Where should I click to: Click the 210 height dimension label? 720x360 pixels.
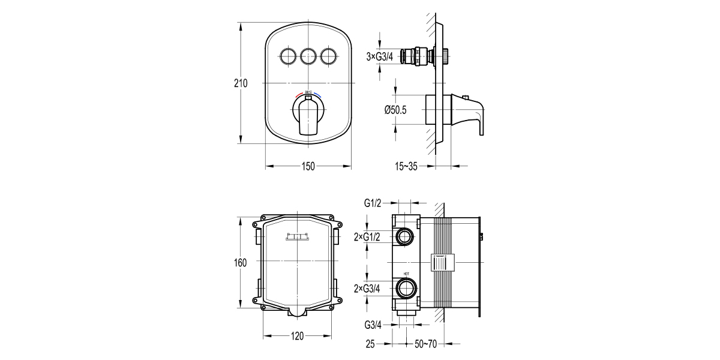coord(241,83)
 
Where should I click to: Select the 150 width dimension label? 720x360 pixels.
coord(308,167)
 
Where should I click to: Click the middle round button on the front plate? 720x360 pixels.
coord(308,57)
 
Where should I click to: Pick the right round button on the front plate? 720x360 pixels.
coord(329,57)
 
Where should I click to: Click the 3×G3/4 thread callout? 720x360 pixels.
coord(379,57)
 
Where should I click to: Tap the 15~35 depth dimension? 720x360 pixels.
coord(406,166)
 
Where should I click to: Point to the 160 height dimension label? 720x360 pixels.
coord(241,262)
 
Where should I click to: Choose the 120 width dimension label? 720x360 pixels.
coord(298,337)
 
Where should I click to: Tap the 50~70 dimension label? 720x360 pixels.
coord(427,344)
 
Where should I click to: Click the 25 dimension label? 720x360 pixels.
coord(370,344)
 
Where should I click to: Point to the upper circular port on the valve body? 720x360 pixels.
coord(405,237)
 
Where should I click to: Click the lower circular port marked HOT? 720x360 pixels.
coord(405,288)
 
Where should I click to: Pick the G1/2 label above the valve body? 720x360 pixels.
coord(373,203)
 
